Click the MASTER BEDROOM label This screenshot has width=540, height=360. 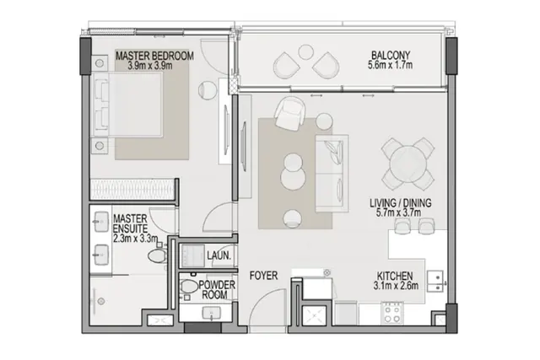pyautogui.click(x=154, y=56)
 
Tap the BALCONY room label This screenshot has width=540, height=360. pyautogui.click(x=391, y=55)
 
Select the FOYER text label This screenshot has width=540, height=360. pyautogui.click(x=263, y=276)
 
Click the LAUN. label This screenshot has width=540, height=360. pyautogui.click(x=219, y=255)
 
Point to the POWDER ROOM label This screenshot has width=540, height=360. pyautogui.click(x=216, y=290)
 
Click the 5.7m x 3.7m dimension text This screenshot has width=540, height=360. pyautogui.click(x=398, y=212)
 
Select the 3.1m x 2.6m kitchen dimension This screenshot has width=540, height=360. pyautogui.click(x=396, y=285)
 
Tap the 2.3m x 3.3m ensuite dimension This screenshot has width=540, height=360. pyautogui.click(x=135, y=238)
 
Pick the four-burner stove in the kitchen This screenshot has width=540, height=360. pyautogui.click(x=391, y=313)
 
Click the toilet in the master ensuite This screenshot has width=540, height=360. pyautogui.click(x=158, y=255)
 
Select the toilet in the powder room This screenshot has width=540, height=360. pyautogui.click(x=187, y=287)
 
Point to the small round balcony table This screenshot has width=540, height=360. pyautogui.click(x=305, y=51)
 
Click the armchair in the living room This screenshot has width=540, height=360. pyautogui.click(x=290, y=113)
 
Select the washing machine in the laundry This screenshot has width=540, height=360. pyautogui.click(x=193, y=256)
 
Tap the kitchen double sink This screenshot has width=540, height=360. pyautogui.click(x=435, y=282)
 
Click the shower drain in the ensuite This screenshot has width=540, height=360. pyautogui.click(x=101, y=302)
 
